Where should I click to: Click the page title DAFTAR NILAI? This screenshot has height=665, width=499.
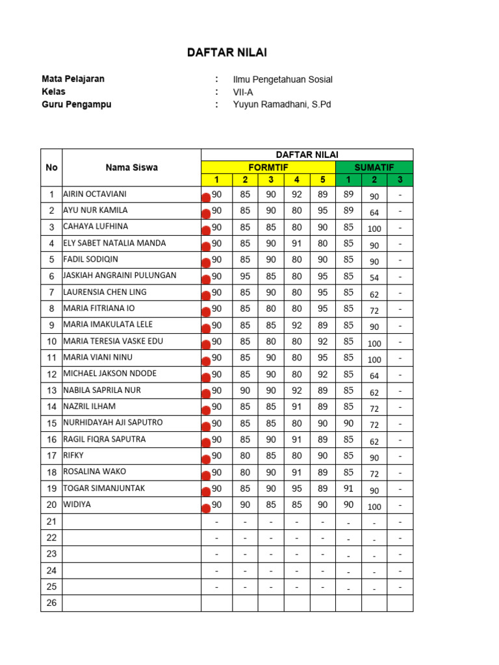tap(227, 53)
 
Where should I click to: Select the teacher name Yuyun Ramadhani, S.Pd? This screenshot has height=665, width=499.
tap(282, 105)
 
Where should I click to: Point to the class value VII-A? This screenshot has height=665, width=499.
tap(243, 92)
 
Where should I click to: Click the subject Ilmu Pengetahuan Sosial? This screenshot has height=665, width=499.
tap(283, 79)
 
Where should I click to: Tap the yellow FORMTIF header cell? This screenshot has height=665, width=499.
tap(268, 167)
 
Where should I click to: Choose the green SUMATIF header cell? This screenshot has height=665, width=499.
tap(374, 167)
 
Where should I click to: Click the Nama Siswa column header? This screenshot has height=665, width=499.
tap(131, 168)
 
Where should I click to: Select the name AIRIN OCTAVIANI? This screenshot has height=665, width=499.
tap(95, 194)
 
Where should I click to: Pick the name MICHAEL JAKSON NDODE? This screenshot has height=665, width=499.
tap(110, 373)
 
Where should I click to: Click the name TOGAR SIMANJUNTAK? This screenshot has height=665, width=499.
tap(104, 488)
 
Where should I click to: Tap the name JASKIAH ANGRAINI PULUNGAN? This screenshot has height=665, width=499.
tap(120, 275)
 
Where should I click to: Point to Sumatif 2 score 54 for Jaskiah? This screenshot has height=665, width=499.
tap(374, 278)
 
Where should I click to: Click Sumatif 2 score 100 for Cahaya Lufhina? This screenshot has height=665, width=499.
tap(374, 229)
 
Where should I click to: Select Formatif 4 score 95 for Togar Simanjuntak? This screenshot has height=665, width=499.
tap(297, 488)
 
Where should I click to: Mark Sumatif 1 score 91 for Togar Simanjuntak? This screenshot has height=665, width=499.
tap(348, 488)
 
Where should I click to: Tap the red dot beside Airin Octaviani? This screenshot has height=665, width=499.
tap(206, 197)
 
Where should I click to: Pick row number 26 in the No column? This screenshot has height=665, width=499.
tap(51, 603)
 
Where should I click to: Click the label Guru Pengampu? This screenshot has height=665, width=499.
tap(76, 105)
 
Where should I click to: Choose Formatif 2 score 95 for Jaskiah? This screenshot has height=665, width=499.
tap(245, 276)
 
